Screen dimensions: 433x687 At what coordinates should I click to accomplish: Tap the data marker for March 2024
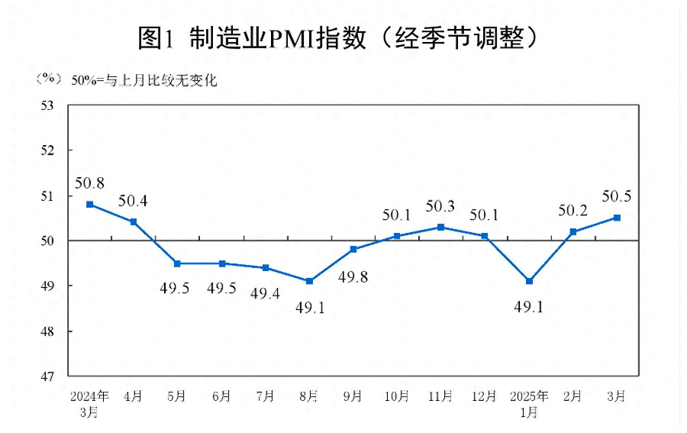[89, 205]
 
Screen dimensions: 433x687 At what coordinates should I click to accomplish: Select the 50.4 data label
[133, 202]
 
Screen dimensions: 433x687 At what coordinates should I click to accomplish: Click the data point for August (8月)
[309, 281]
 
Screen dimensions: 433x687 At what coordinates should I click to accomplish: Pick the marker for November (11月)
[441, 227]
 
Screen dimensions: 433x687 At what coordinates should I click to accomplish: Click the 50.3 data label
[440, 206]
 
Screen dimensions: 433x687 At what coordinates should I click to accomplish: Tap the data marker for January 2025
[529, 281]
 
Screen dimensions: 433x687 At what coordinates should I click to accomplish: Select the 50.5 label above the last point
[616, 196]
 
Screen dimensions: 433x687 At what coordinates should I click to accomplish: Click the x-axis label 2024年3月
[89, 404]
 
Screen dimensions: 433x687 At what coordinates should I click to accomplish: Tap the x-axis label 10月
[397, 396]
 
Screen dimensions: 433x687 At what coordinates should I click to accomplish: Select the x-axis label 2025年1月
[529, 404]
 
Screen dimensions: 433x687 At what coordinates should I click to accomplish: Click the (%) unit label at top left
[47, 79]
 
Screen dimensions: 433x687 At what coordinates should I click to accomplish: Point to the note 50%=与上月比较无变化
[144, 79]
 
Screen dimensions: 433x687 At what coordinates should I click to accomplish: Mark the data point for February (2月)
[572, 231]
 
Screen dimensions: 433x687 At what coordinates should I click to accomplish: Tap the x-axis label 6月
[221, 396]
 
